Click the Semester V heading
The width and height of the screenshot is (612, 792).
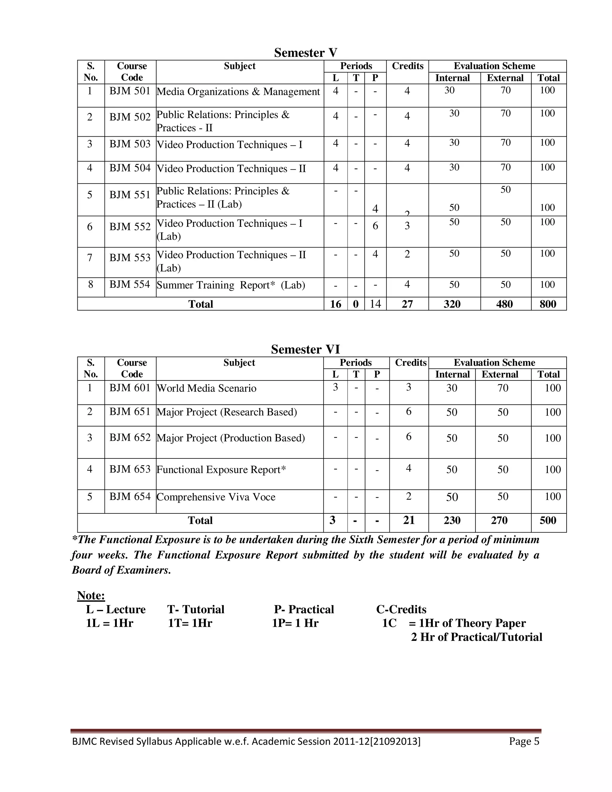tap(306, 53)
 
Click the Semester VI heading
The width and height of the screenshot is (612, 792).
tap(306, 349)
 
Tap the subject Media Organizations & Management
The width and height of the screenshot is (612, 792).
tap(238, 92)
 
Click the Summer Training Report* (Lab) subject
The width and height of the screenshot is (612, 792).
tap(231, 285)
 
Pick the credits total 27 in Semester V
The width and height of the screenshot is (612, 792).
tap(407, 304)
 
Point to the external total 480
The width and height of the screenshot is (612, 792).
tap(504, 304)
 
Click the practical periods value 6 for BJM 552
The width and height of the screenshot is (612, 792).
tap(375, 226)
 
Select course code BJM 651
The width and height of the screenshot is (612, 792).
tap(130, 412)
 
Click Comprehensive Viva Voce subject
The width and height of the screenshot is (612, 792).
tap(216, 497)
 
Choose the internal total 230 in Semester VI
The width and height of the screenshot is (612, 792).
tap(452, 520)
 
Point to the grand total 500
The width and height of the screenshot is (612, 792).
tap(547, 520)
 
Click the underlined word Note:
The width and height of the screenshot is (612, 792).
tap(91, 595)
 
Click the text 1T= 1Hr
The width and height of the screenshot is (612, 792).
tap(190, 623)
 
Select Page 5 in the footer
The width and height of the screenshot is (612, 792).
tap(524, 741)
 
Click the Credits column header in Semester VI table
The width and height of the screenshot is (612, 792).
tap(410, 363)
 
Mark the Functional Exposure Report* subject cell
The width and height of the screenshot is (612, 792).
tap(221, 470)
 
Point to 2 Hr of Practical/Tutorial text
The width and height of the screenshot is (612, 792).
tap(476, 637)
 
